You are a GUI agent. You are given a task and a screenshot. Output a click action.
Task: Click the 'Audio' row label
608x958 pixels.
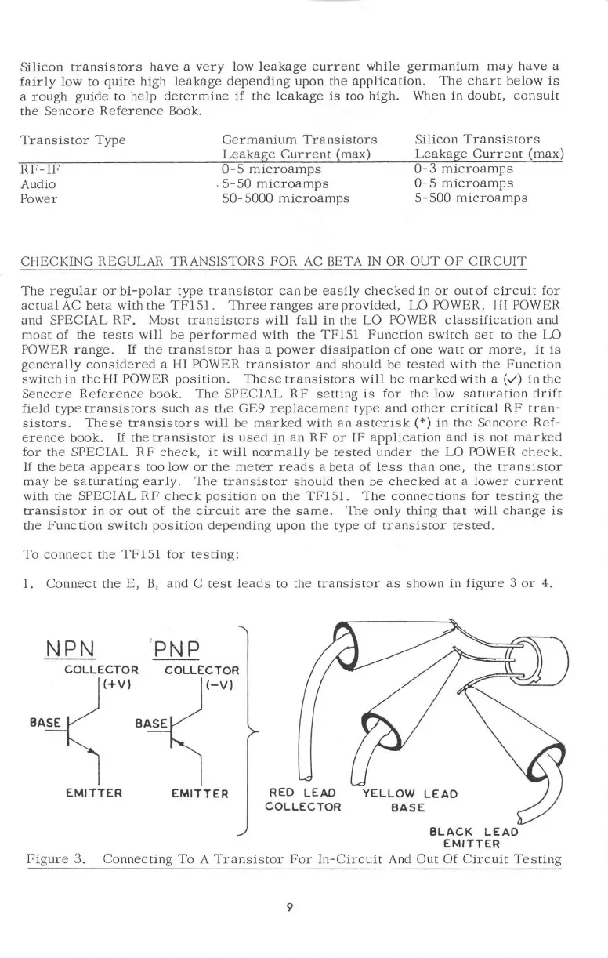pos(34,183)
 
